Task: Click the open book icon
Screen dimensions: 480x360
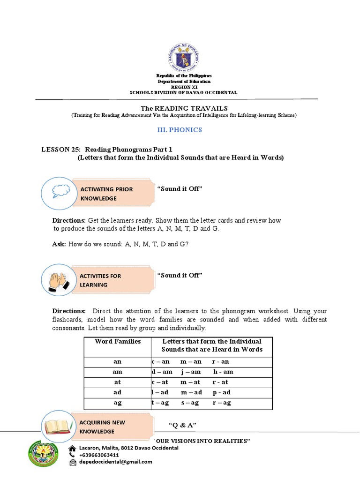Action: coord(58,427)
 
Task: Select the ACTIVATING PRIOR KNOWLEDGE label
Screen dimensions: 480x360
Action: coord(106,194)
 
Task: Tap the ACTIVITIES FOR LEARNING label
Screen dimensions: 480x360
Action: coord(100,280)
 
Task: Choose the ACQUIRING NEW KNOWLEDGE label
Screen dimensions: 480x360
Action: coord(102,427)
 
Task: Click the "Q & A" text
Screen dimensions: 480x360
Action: coord(181,425)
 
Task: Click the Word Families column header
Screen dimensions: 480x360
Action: coord(118,341)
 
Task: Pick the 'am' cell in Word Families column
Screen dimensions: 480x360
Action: coord(118,372)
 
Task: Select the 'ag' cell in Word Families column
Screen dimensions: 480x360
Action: coord(118,403)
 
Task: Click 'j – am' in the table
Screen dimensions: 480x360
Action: coord(191,372)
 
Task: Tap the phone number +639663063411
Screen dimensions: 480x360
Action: coord(99,455)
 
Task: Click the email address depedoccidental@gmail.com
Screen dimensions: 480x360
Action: coord(116,462)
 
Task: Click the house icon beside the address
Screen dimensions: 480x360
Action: coord(72,448)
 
